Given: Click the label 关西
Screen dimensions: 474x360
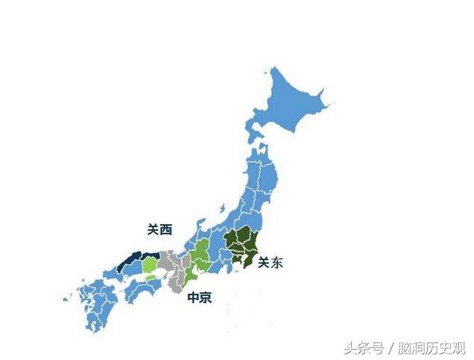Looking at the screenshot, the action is point(160,229).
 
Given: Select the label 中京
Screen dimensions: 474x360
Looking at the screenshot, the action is point(199,298).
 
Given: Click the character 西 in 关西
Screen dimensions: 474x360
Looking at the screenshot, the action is point(166,229).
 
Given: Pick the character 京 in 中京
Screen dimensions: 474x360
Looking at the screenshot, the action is point(205,298).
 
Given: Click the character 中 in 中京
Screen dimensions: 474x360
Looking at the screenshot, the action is point(192,298).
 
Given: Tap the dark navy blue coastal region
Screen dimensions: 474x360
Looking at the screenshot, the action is point(132,259).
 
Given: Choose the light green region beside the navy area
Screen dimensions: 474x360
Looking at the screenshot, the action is point(149,264).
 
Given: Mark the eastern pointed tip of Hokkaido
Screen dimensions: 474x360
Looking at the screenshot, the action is point(326,102).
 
